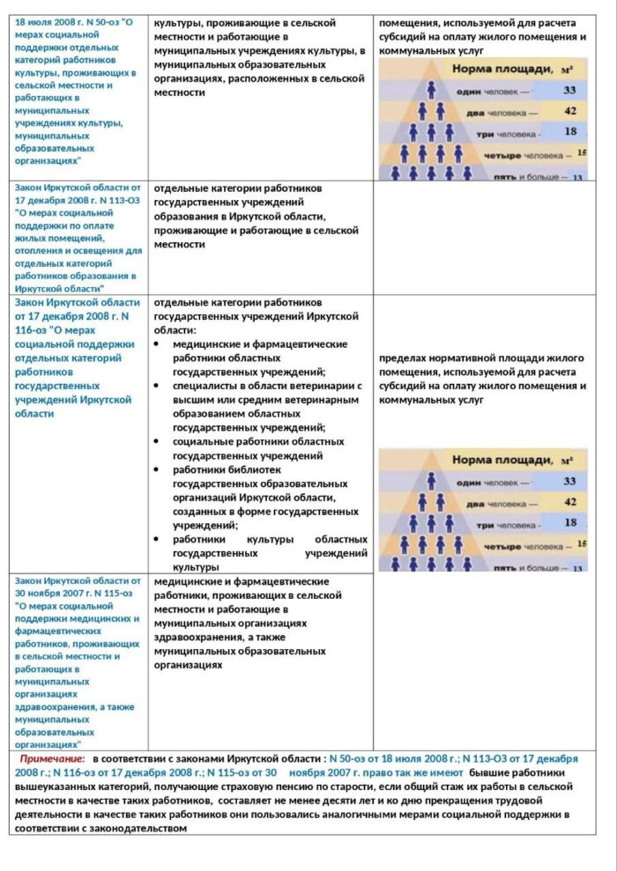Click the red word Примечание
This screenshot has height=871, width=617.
[x=53, y=758]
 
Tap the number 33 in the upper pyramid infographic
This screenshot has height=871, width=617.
[x=569, y=90]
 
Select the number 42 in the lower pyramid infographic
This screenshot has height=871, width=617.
[x=570, y=501]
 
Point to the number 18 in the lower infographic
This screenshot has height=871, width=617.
[x=570, y=522]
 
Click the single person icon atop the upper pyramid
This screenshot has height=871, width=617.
[x=432, y=90]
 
